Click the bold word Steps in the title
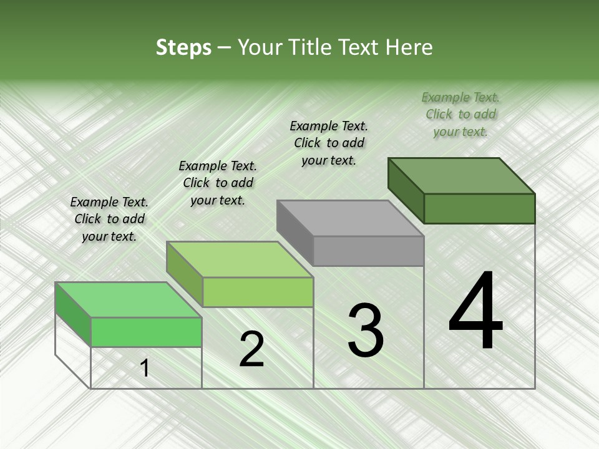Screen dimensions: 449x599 tap(183, 47)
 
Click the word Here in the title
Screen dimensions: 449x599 tap(409, 47)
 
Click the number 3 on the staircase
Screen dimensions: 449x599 tap(366, 330)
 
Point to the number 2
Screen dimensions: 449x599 tap(251, 349)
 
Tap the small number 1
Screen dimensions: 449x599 tap(145, 369)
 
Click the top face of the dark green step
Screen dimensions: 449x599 tap(462, 175)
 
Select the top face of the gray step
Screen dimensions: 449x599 tap(350, 218)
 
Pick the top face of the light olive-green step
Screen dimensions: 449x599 tap(240, 259)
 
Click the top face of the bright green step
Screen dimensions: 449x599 tap(129, 299)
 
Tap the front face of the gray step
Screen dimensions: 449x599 tap(368, 251)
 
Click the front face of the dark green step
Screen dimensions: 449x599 tap(479, 208)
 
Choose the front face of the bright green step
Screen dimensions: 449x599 tap(146, 332)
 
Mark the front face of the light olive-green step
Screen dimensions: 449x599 tap(257, 292)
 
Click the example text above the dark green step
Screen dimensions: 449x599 tap(460, 114)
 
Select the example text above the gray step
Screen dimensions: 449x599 tap(329, 143)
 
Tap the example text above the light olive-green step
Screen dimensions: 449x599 tap(218, 183)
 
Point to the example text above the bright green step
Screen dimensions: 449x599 tap(109, 219)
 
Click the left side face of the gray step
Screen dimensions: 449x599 tap(295, 232)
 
